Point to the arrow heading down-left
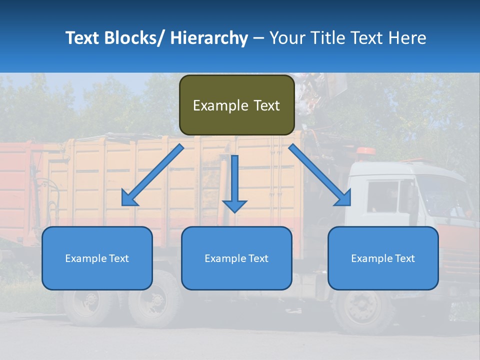coord(152,175)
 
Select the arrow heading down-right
coord(320,175)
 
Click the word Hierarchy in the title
coord(209,38)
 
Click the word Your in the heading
coord(286,38)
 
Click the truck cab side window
coord(382,196)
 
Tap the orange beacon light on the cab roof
coord(367,151)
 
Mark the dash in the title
coord(258,38)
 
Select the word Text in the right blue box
coord(404,258)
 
